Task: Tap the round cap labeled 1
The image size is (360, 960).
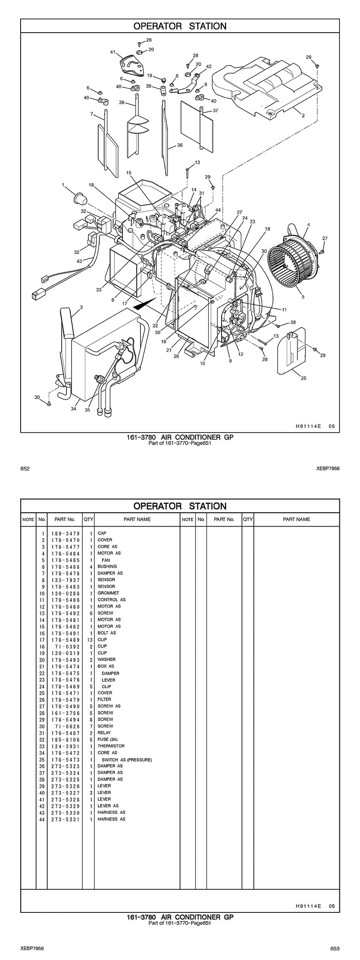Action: pyautogui.click(x=79, y=199)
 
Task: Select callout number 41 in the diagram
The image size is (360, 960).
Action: pyautogui.click(x=113, y=52)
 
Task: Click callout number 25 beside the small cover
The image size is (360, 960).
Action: pyautogui.click(x=303, y=378)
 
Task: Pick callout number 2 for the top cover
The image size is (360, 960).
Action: pyautogui.click(x=303, y=115)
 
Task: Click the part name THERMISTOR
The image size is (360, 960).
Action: pyautogui.click(x=111, y=746)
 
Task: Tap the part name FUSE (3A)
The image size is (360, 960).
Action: pyautogui.click(x=108, y=739)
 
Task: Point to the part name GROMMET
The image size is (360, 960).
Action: pyautogui.click(x=108, y=593)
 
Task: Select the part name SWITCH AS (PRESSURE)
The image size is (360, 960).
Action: pyautogui.click(x=126, y=760)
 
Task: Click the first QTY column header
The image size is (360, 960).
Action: pyautogui.click(x=88, y=519)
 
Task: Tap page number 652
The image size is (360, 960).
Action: pyautogui.click(x=25, y=469)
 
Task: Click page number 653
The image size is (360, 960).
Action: pyautogui.click(x=335, y=948)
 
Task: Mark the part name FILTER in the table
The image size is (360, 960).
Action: pyautogui.click(x=104, y=699)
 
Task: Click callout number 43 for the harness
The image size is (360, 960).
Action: pyautogui.click(x=79, y=261)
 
